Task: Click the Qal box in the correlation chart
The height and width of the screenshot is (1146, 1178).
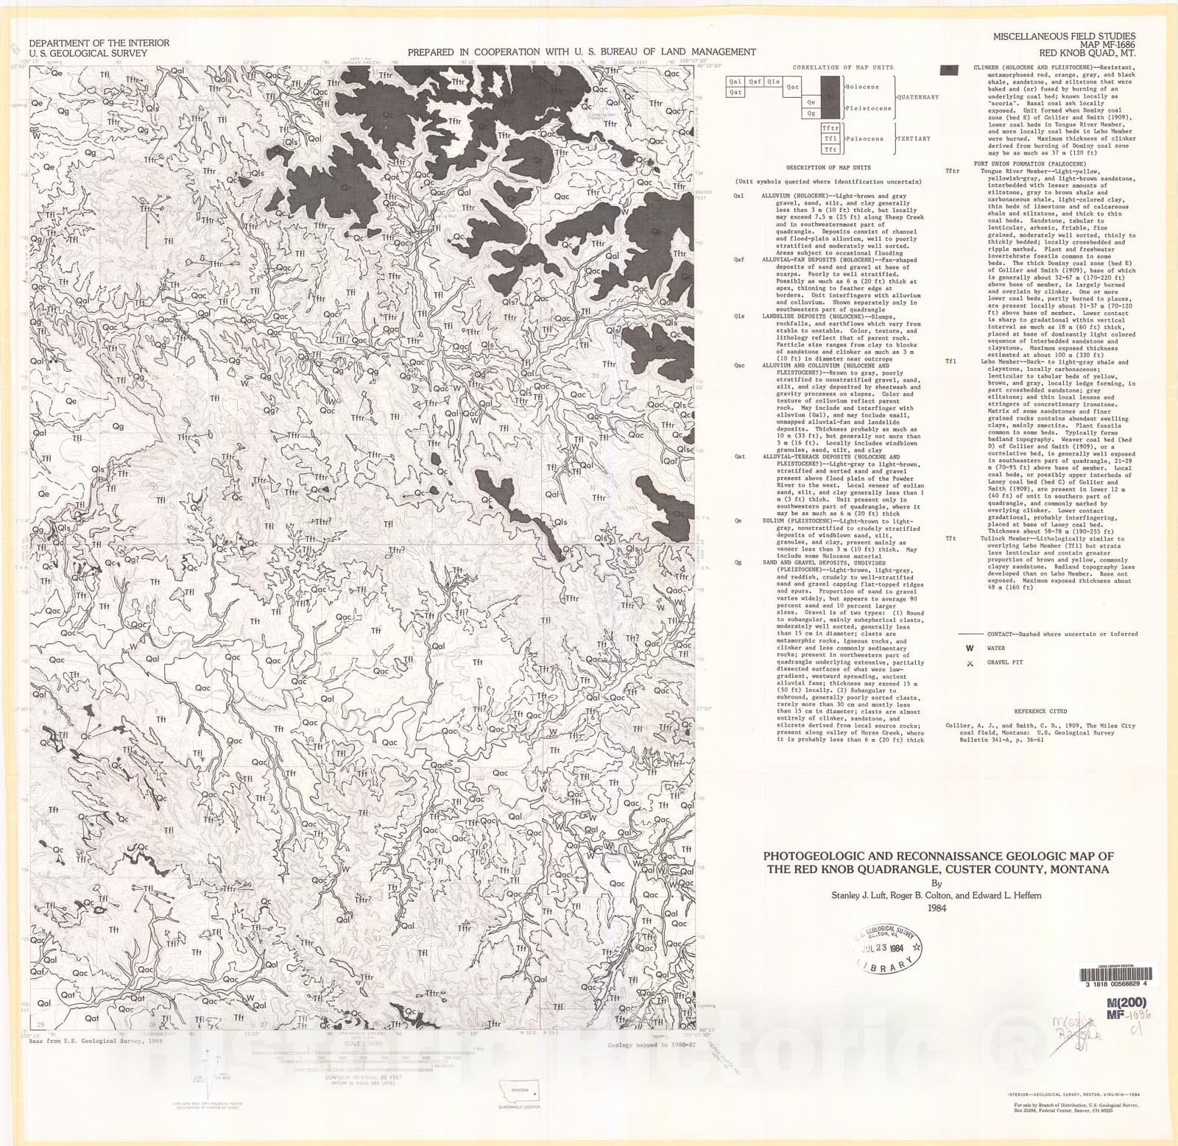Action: [x=736, y=82]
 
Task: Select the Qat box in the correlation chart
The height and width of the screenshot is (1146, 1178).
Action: [x=736, y=93]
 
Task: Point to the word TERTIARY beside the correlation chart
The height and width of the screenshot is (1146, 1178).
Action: [x=913, y=138]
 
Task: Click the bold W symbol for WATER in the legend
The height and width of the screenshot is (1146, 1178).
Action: [x=970, y=648]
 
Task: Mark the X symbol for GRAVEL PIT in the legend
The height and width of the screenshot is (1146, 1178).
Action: [x=970, y=663]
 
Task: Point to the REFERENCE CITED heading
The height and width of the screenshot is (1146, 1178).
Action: [x=1040, y=712]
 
